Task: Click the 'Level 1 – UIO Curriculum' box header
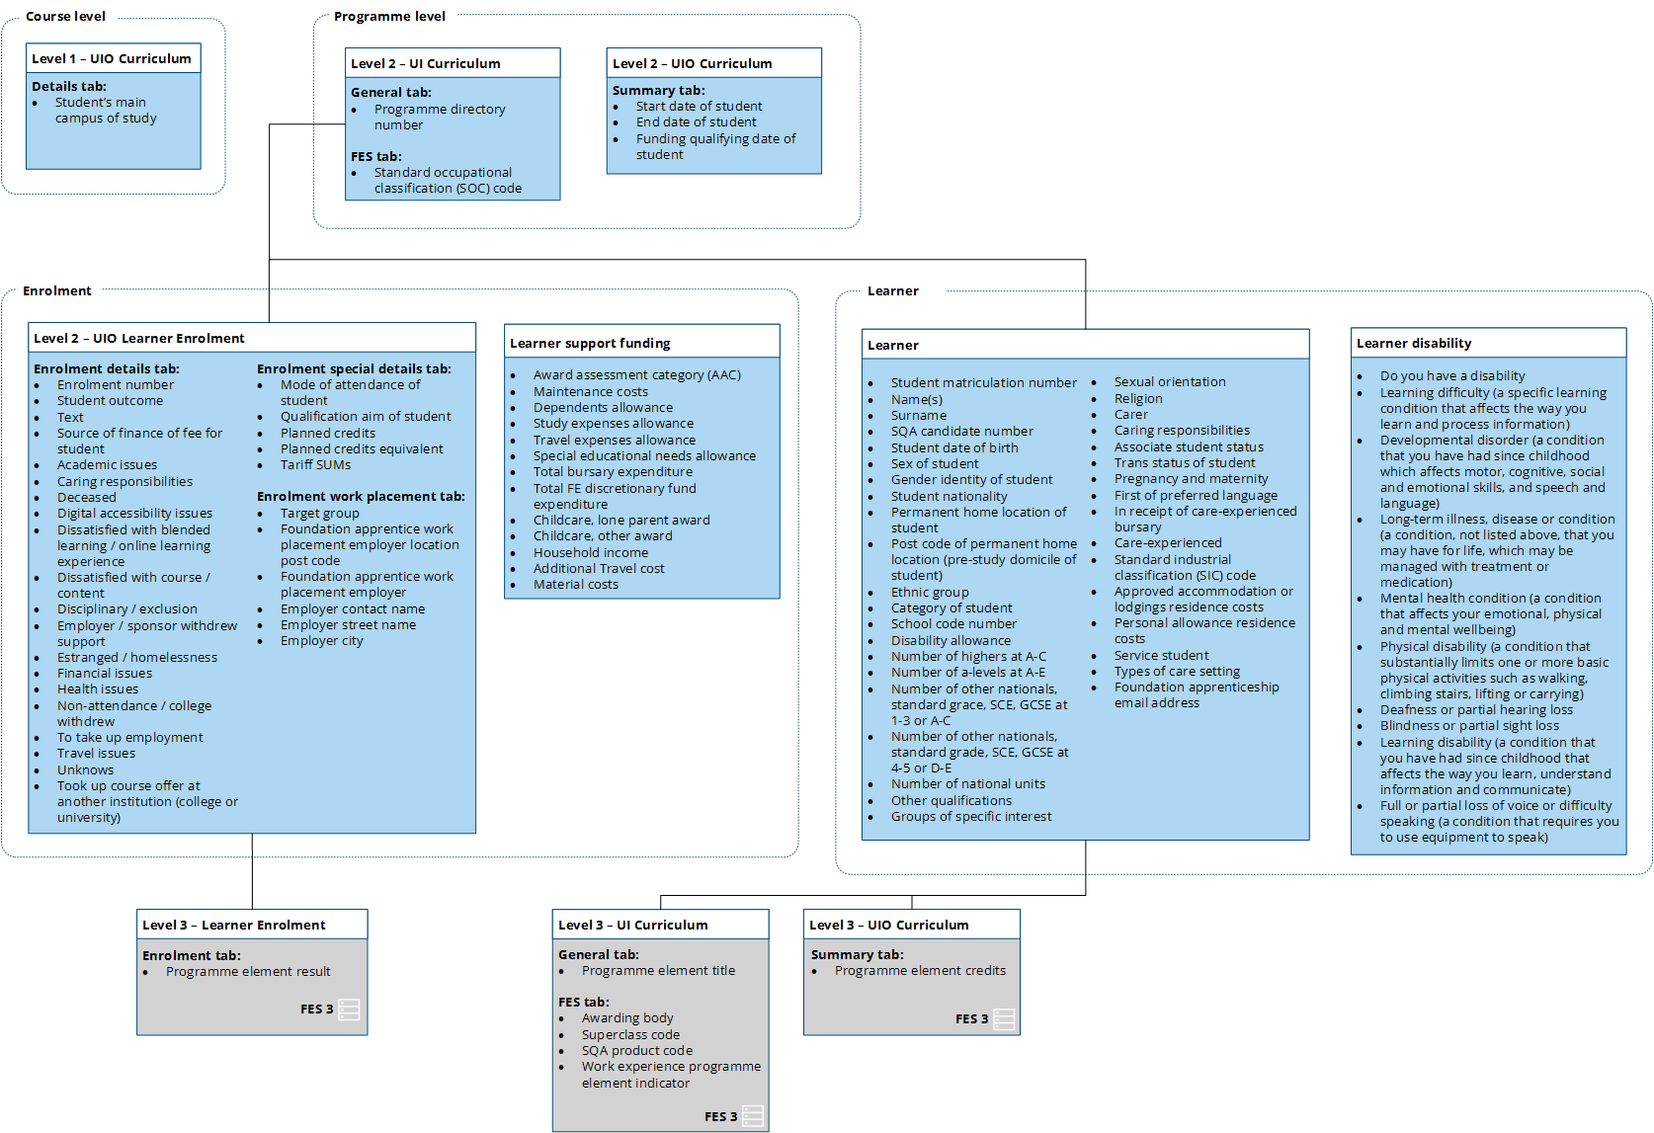coord(112,58)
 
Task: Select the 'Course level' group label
coord(65,16)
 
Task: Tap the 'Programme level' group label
coord(389,16)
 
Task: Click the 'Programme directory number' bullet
coord(439,117)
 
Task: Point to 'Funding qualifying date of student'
coord(715,146)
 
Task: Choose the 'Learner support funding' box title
coord(590,343)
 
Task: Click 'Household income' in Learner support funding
coord(591,552)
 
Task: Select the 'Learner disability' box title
coord(1414,343)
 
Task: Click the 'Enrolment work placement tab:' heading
coord(361,496)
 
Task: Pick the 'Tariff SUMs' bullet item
coord(315,464)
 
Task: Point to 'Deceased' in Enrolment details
coord(87,497)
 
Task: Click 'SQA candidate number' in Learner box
coord(962,431)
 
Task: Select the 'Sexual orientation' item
coord(1170,381)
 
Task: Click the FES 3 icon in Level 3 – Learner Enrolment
coord(349,1009)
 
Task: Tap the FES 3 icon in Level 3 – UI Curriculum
coord(753,1116)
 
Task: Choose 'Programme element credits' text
coord(920,970)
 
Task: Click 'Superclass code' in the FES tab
coord(630,1034)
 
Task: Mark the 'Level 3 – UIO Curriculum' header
coord(888,925)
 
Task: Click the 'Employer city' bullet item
coord(321,640)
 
